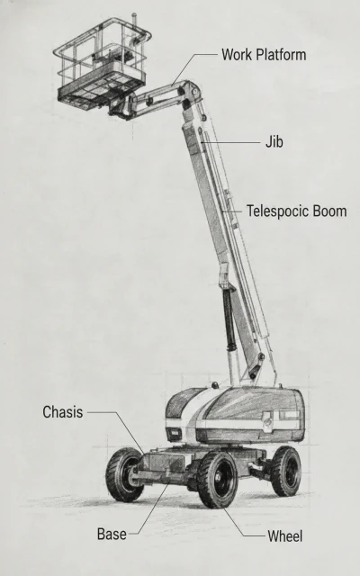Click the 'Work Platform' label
[x=264, y=55]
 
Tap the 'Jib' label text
[x=274, y=142]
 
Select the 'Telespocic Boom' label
[x=296, y=211]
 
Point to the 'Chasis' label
[x=63, y=412]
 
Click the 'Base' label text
[x=112, y=534]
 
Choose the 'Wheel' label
[x=284, y=536]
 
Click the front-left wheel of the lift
[x=123, y=474]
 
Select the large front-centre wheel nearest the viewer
[x=218, y=480]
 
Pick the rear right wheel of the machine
[x=286, y=471]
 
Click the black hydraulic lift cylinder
[x=229, y=319]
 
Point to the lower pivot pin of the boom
[x=252, y=376]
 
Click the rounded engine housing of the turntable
[x=234, y=415]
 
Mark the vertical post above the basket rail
[x=135, y=22]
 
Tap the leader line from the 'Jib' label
[x=230, y=142]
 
